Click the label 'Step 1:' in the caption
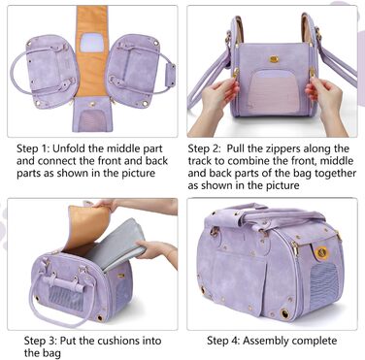pyautogui.click(x=33, y=148)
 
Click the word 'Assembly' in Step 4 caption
pyautogui.click(x=265, y=341)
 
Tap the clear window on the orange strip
pyautogui.click(x=92, y=43)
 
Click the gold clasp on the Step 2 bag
pyautogui.click(x=274, y=59)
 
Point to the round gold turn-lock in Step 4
pyautogui.click(x=322, y=253)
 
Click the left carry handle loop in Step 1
pyautogui.click(x=17, y=71)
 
